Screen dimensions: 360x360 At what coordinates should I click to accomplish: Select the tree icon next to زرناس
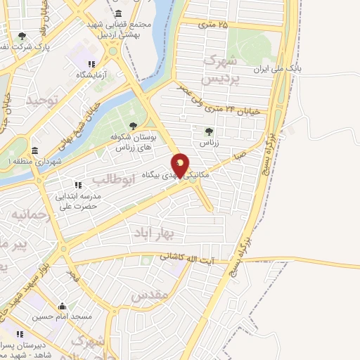[208, 131]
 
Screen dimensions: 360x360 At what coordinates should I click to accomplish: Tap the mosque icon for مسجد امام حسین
[63, 306]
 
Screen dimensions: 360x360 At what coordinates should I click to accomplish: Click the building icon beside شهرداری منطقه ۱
[34, 150]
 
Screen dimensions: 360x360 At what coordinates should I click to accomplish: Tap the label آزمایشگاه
[91, 74]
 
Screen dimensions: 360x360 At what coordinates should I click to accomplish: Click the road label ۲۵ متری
[214, 25]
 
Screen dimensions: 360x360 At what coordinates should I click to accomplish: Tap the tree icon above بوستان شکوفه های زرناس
[133, 127]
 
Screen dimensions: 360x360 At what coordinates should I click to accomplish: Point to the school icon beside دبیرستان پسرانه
[20, 334]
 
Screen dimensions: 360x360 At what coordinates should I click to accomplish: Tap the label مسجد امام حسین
[63, 317]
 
